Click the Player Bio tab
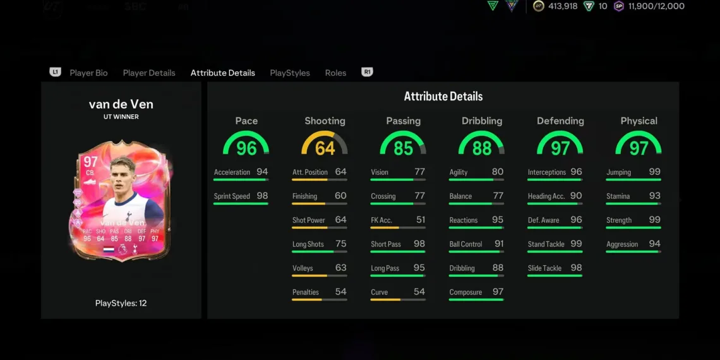click(88, 73)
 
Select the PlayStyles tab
click(290, 73)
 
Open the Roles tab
click(335, 73)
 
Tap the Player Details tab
click(149, 73)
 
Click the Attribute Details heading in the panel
click(443, 97)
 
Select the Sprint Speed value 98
click(262, 196)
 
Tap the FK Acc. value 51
click(421, 220)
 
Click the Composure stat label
click(465, 292)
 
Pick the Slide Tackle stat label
click(544, 268)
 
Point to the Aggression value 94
click(654, 244)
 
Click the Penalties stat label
click(306, 292)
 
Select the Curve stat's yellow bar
click(385, 299)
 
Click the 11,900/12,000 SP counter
click(656, 6)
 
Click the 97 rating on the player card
click(90, 163)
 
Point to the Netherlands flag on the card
click(108, 249)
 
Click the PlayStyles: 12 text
click(121, 303)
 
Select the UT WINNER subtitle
click(121, 117)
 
